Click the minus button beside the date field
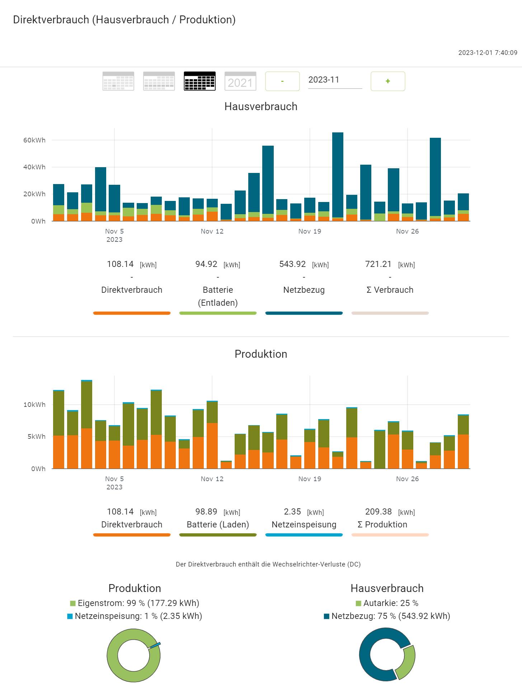[282, 81]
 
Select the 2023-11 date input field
[335, 80]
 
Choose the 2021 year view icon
[240, 81]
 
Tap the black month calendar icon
[199, 81]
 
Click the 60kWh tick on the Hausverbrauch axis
[34, 140]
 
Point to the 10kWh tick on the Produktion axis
[34, 405]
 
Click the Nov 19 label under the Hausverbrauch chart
[310, 231]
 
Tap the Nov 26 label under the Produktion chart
[407, 479]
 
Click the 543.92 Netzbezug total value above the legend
[292, 264]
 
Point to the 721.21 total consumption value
[378, 264]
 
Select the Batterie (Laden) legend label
[218, 525]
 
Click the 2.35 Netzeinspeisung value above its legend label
[292, 512]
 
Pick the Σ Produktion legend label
[382, 525]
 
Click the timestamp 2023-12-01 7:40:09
[488, 53]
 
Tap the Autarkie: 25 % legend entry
[387, 603]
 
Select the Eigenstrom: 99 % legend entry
[135, 603]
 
